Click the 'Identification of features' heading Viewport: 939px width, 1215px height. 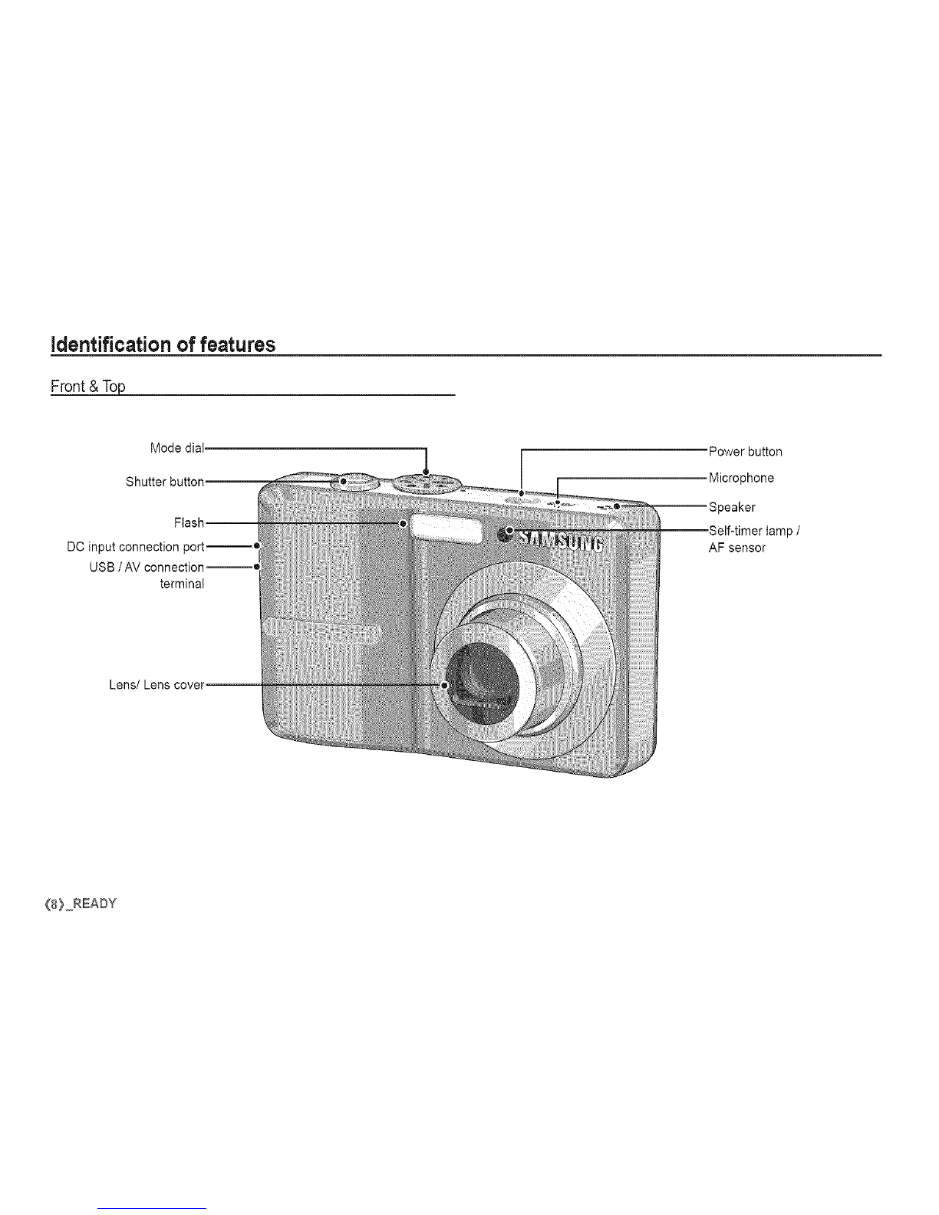163,344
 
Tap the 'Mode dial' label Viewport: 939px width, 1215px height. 176,448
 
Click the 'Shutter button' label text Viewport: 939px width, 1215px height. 165,482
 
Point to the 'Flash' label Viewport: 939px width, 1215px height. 189,523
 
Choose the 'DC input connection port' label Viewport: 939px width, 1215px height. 136,546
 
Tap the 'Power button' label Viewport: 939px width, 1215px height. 745,452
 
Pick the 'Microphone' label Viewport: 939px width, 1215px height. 741,478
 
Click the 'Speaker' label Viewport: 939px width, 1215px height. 732,507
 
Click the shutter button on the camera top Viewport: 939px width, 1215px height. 354,482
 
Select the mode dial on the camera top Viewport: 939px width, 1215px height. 427,482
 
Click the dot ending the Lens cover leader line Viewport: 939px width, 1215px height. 443,684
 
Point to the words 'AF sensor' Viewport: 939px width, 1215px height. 736,548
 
